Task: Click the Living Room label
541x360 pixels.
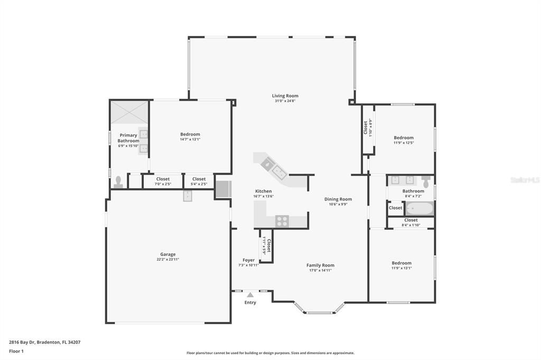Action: tap(285, 96)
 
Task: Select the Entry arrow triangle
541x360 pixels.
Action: tap(250, 295)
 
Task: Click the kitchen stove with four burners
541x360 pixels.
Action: tap(282, 221)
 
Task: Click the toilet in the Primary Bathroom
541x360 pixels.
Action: tap(118, 182)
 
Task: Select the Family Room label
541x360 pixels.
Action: tap(320, 266)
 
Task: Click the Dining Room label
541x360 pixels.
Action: tap(338, 200)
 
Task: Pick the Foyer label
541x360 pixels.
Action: tap(248, 260)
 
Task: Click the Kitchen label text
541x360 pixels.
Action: tap(264, 191)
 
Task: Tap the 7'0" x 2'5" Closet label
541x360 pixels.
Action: tap(163, 179)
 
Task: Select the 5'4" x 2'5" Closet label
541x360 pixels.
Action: tap(199, 179)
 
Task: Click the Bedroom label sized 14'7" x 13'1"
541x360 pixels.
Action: tap(190, 135)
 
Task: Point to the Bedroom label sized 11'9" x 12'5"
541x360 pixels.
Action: tap(404, 138)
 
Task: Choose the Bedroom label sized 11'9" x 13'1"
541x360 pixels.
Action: tap(402, 263)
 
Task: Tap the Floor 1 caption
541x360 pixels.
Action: tap(17, 351)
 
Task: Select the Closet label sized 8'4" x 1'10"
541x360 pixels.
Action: tap(411, 220)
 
